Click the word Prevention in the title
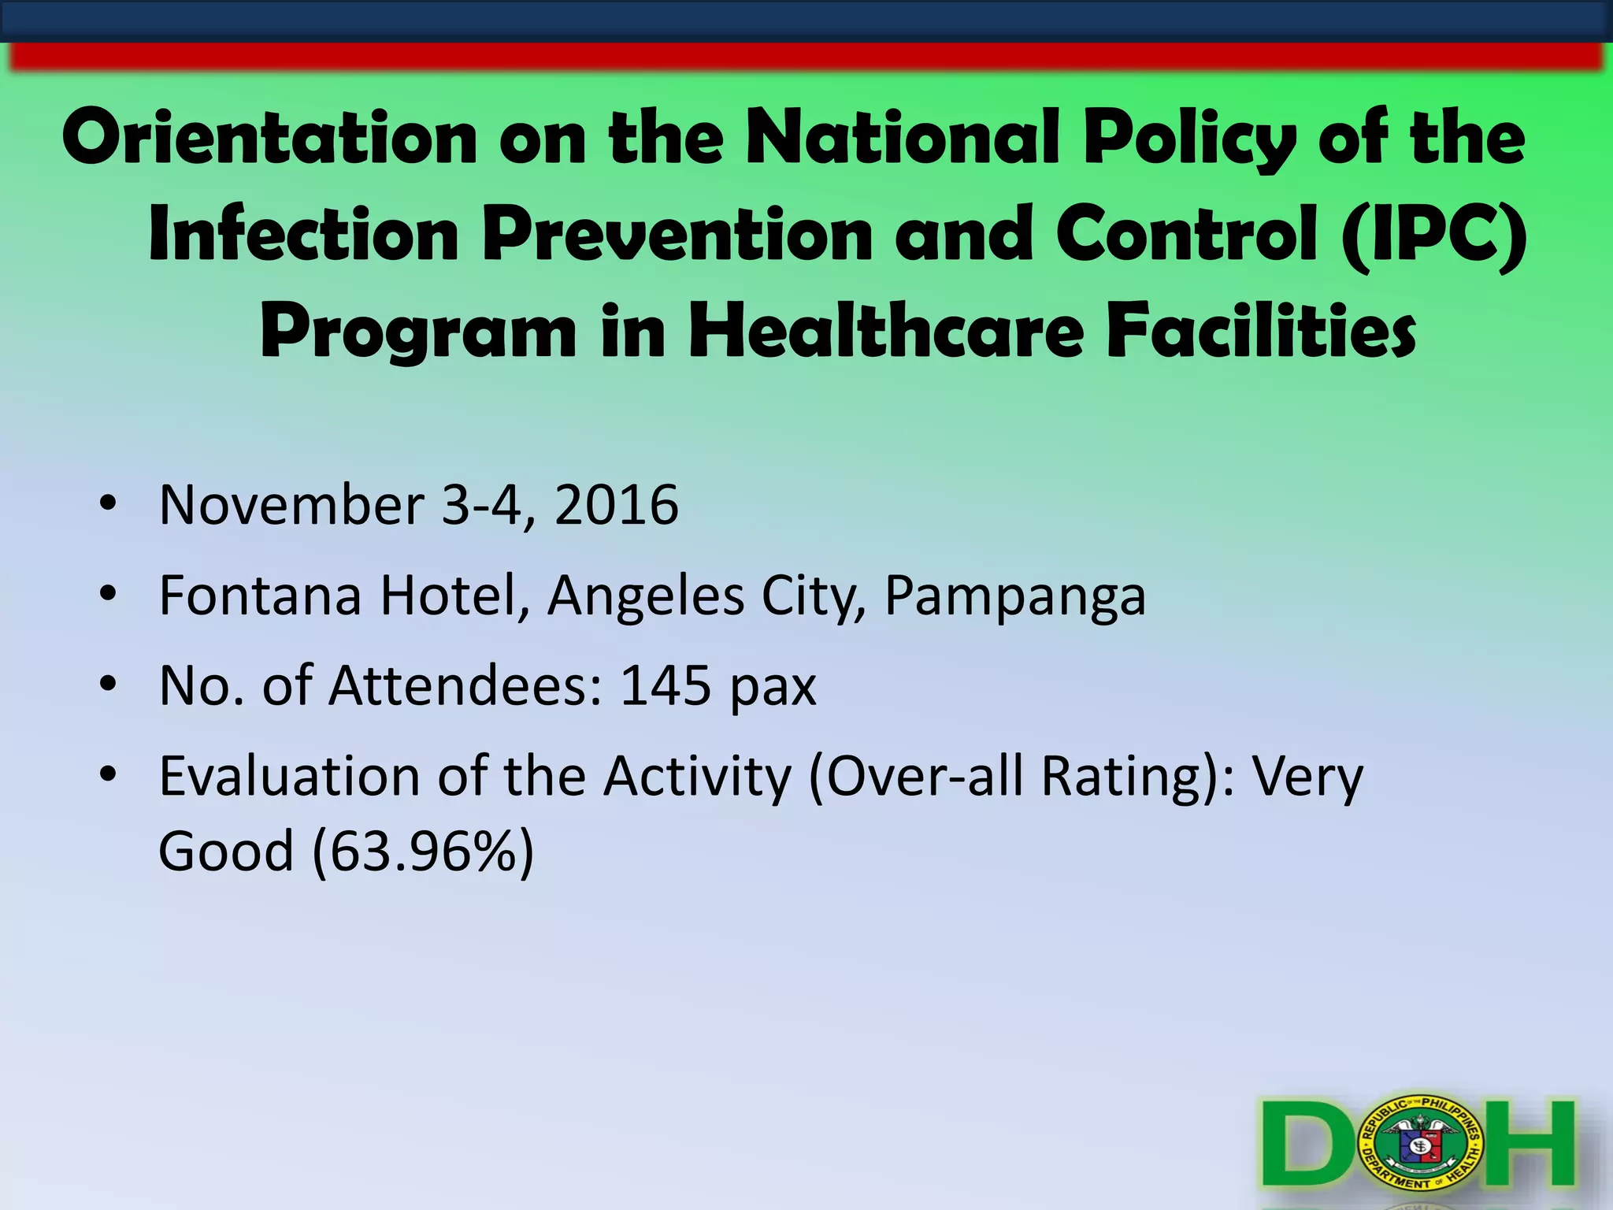677,234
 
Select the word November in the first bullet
291,505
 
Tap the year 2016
617,505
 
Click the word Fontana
260,596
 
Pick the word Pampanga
1015,597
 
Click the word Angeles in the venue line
646,597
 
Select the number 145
666,686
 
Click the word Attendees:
465,686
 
